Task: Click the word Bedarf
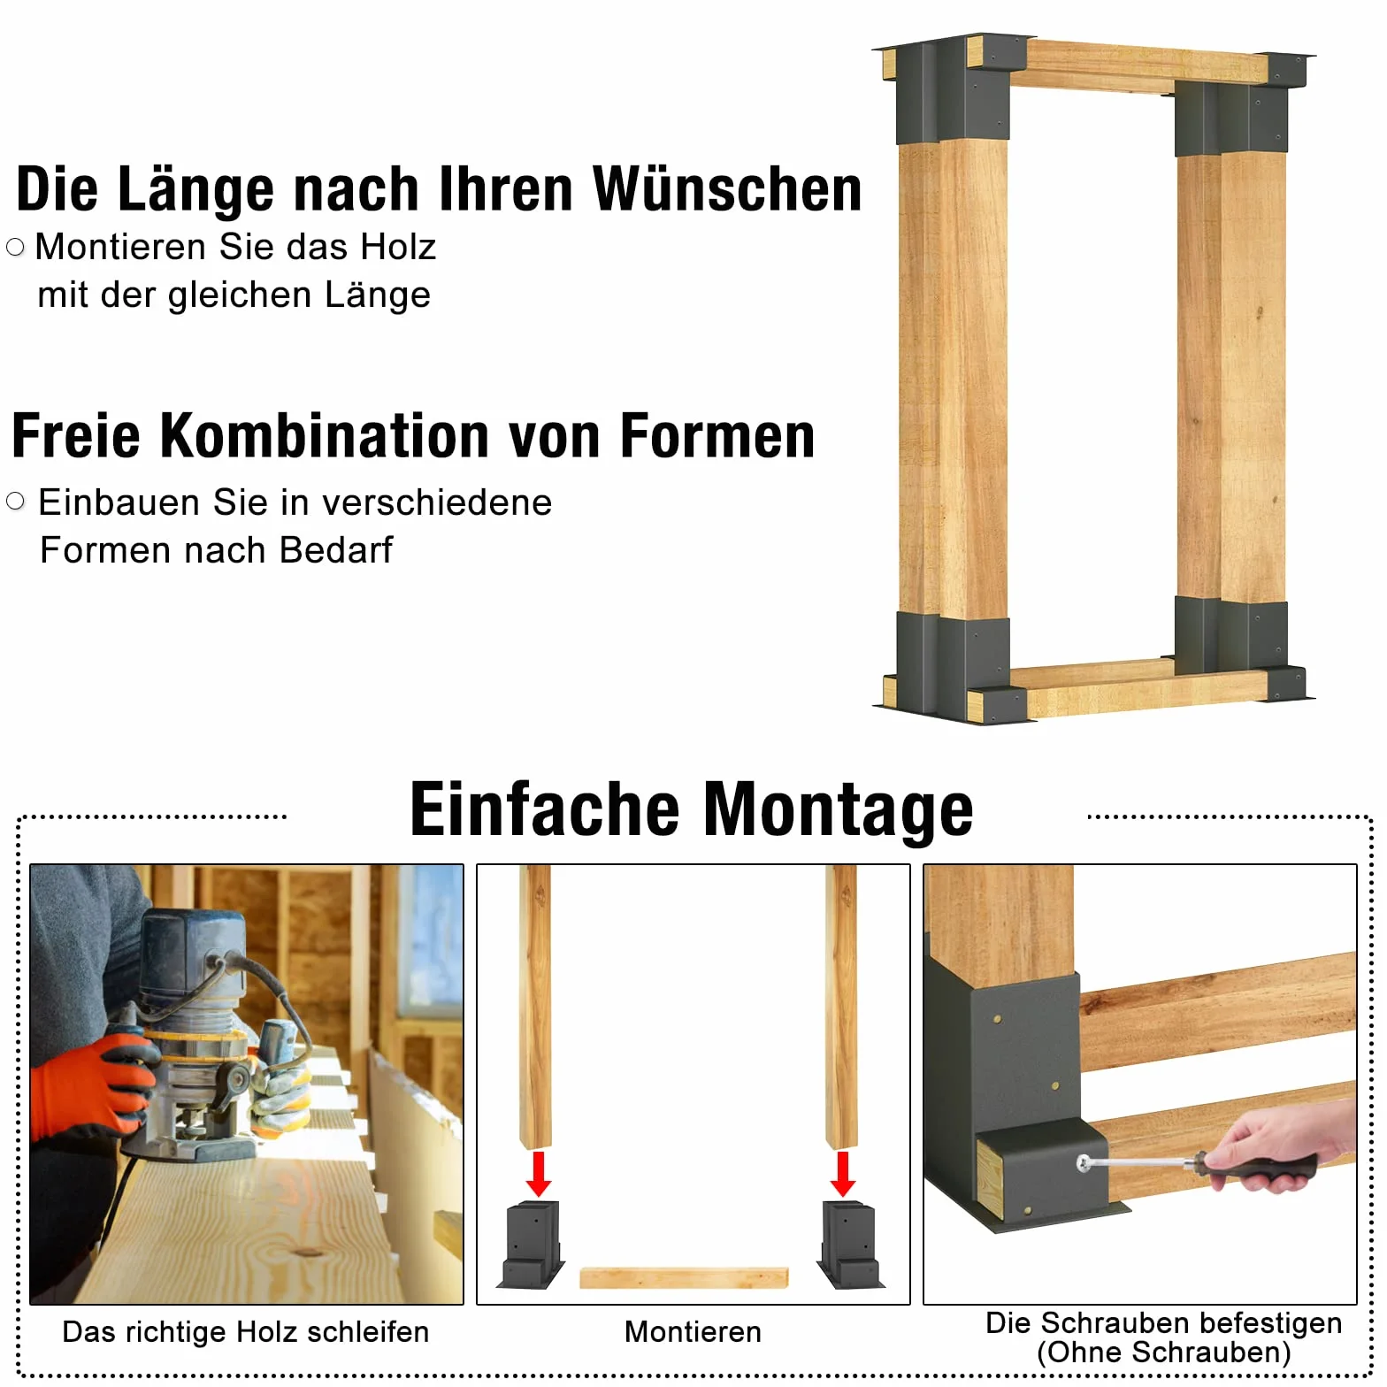336,550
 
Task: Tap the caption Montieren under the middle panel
693,1331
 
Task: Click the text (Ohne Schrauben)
1164,1353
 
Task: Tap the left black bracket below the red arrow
533,1244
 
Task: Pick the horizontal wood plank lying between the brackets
684,1278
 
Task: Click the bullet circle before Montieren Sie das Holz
15,247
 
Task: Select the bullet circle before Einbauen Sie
15,502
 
